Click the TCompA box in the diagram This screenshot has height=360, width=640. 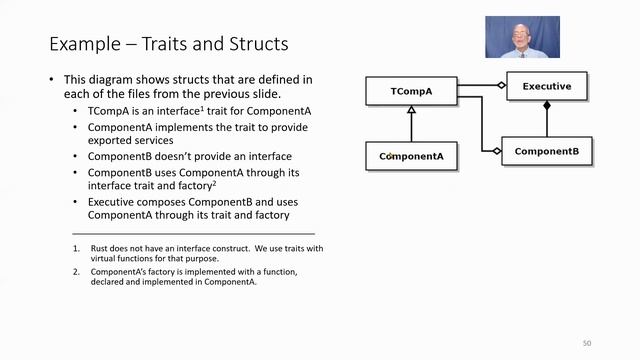tap(411, 91)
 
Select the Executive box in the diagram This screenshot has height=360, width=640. tap(547, 86)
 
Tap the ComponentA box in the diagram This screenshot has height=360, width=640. tap(411, 157)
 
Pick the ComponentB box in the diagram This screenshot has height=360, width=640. tap(546, 152)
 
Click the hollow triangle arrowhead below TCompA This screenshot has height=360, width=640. tap(411, 113)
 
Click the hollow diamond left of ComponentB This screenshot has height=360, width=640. tap(498, 151)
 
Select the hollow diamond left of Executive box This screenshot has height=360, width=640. tap(503, 85)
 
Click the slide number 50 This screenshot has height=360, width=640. tap(587, 343)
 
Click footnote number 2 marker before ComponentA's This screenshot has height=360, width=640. tap(75, 272)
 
